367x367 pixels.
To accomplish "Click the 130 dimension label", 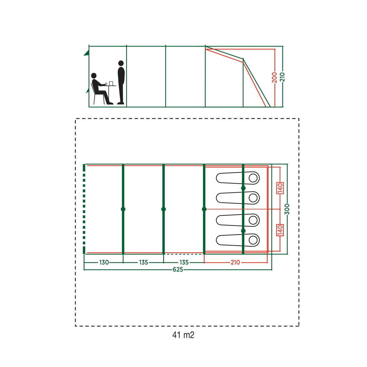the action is [104, 262].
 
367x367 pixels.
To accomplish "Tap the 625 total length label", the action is [178, 269].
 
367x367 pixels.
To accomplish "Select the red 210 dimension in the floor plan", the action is [235, 262].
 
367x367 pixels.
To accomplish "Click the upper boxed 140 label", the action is [280, 188].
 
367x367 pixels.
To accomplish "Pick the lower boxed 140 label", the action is [280, 230].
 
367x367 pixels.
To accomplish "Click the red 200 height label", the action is [274, 77].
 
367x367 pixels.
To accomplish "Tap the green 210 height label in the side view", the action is [282, 77].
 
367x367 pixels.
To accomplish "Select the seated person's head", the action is [94, 76].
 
